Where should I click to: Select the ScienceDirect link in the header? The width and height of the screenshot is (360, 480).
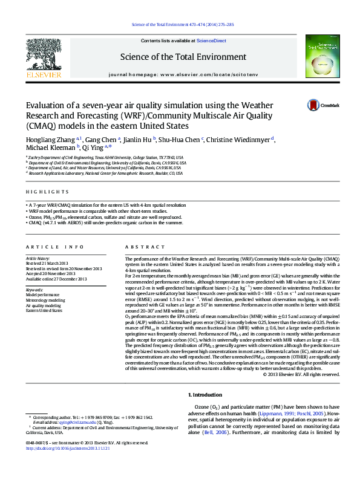point(212,41)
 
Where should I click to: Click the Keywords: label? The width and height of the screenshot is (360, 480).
point(34,290)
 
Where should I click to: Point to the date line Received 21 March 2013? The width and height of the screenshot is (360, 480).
point(53,264)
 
